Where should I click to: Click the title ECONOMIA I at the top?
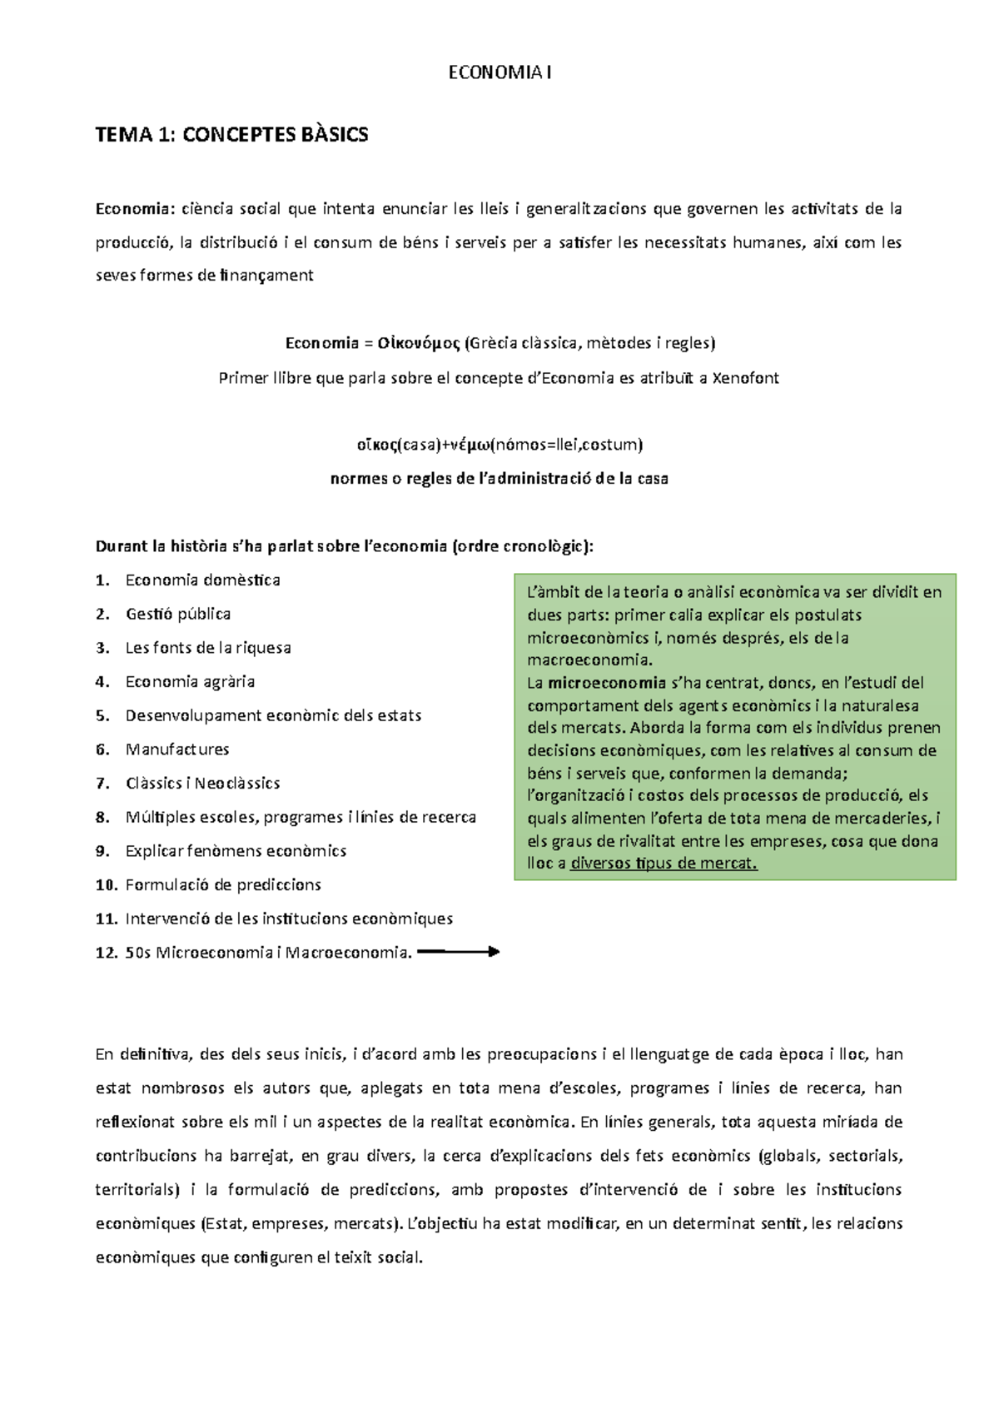coord(499,73)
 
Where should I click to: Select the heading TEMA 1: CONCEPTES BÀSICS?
coord(231,135)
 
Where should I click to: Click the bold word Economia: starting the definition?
coord(132,209)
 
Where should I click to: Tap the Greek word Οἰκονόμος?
coord(419,343)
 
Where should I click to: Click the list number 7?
coord(102,784)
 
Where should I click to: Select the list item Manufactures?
coord(177,749)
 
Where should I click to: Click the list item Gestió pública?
coord(178,614)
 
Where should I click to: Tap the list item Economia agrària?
coord(190,682)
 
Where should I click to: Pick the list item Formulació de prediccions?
coord(223,885)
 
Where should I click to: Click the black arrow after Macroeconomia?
coord(458,952)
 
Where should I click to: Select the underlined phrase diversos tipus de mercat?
coord(664,864)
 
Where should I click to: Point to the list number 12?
coord(106,953)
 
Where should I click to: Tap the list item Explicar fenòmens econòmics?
coord(236,851)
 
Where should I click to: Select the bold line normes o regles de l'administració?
coord(499,479)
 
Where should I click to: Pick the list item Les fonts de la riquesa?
coord(208,648)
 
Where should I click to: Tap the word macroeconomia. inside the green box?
coord(590,660)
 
